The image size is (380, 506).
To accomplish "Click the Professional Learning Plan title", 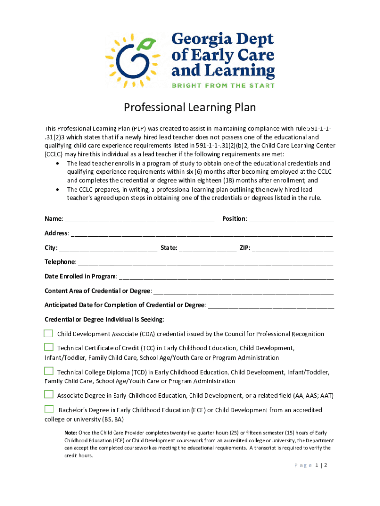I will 190,107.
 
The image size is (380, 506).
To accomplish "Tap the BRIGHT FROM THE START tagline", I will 223,85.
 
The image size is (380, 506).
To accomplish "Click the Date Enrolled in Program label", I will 81,276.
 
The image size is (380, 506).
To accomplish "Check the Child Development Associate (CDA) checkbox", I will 48,333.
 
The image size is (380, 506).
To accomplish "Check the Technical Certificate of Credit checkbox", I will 48,347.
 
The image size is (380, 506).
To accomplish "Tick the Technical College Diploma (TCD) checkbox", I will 48,371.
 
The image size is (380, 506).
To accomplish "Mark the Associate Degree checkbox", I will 48,394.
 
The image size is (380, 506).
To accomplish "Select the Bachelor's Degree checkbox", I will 49,409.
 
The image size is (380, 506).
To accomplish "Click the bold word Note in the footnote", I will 70,433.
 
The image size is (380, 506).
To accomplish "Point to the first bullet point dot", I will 59,163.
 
